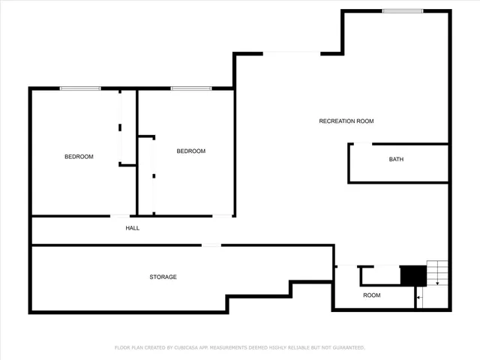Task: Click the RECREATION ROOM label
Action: (346, 121)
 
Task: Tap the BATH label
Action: (396, 159)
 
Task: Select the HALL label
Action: (132, 228)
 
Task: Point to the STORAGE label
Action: (163, 277)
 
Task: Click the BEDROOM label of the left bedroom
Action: (79, 156)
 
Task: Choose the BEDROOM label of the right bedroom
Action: (190, 151)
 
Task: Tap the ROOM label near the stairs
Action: (372, 295)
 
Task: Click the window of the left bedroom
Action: (80, 88)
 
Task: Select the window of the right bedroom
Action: (190, 88)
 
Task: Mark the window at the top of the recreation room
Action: (402, 10)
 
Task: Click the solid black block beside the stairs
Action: (412, 275)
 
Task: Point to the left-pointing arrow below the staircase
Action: (420, 298)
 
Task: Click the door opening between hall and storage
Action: (211, 244)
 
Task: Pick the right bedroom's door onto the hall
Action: (222, 216)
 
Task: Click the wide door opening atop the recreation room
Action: (292, 52)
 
